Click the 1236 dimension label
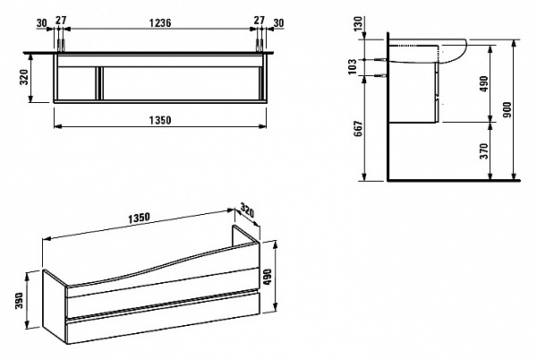160,23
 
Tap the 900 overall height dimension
507,109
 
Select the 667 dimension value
358,128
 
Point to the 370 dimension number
484,151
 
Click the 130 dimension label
358,23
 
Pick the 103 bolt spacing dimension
352,66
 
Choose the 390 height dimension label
19,300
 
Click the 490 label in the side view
484,84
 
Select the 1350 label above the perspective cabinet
139,218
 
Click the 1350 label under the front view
160,121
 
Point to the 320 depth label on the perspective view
247,210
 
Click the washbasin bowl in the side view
452,51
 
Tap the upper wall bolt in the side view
380,60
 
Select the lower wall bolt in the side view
380,75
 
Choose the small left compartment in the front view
76,83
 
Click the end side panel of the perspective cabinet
54,304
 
